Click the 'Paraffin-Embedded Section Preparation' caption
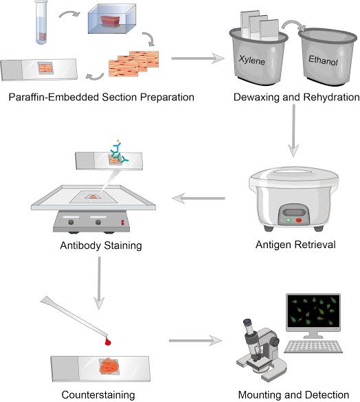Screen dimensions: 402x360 tap(102, 97)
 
